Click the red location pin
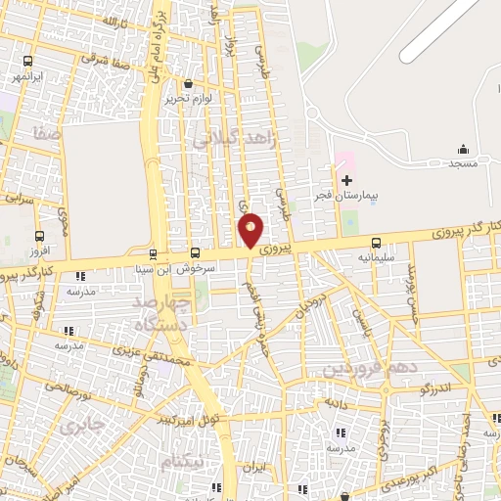click(251, 229)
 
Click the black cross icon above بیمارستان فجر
click(346, 179)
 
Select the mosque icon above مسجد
click(464, 149)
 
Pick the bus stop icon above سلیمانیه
click(376, 242)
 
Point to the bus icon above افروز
click(39, 236)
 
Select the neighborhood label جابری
click(80, 428)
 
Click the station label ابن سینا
click(155, 265)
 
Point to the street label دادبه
click(338, 402)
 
